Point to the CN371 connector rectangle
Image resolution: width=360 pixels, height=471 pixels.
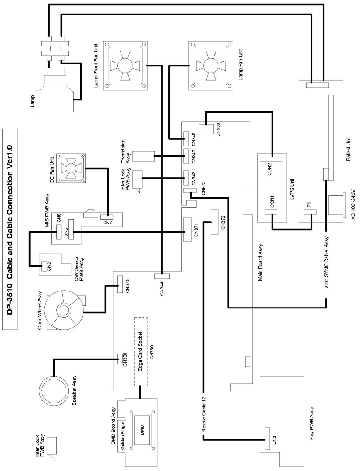pos(187,230)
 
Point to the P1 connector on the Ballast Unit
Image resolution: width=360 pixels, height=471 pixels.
pos(311,213)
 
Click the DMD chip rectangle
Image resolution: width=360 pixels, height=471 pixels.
pos(142,432)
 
